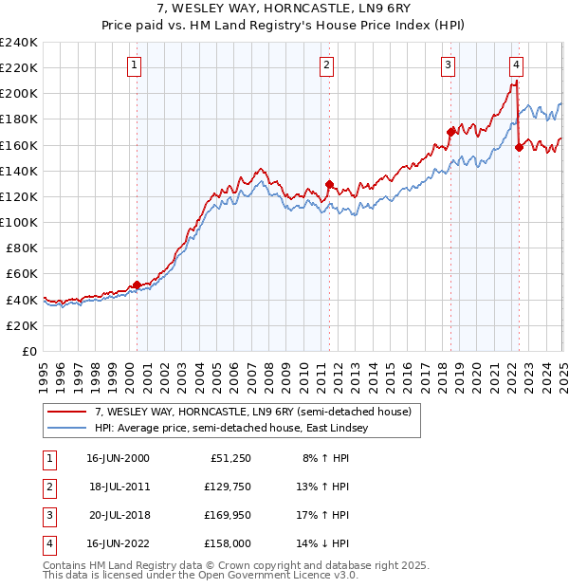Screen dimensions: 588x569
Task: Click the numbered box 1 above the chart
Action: (135, 65)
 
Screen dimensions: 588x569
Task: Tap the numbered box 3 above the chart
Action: (447, 65)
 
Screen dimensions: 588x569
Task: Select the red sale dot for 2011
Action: (329, 184)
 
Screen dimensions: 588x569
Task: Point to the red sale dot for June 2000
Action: (137, 285)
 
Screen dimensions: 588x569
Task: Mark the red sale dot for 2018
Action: (450, 132)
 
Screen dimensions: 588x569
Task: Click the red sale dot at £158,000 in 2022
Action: (519, 147)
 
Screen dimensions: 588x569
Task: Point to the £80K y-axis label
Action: (22, 248)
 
